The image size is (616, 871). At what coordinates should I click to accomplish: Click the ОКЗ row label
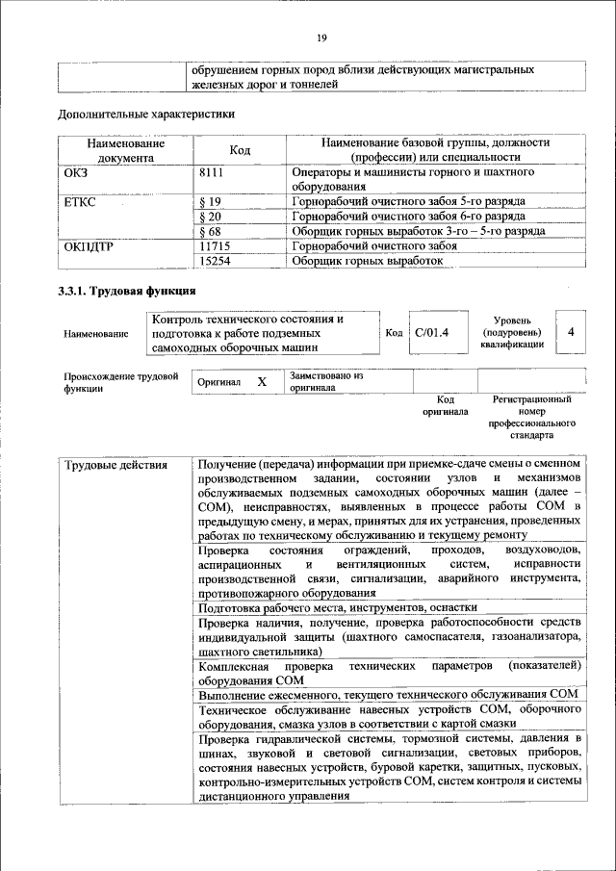[76, 172]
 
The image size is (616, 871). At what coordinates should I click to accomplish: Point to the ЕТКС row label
[81, 202]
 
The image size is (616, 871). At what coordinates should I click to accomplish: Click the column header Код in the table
[240, 150]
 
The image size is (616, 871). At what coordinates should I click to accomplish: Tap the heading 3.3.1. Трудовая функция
[126, 291]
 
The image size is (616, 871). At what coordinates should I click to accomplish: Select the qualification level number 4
[571, 332]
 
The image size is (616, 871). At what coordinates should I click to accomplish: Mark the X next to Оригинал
[261, 382]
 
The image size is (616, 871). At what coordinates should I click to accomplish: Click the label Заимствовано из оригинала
[326, 382]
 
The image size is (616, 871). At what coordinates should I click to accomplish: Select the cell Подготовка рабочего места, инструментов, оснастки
[337, 608]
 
